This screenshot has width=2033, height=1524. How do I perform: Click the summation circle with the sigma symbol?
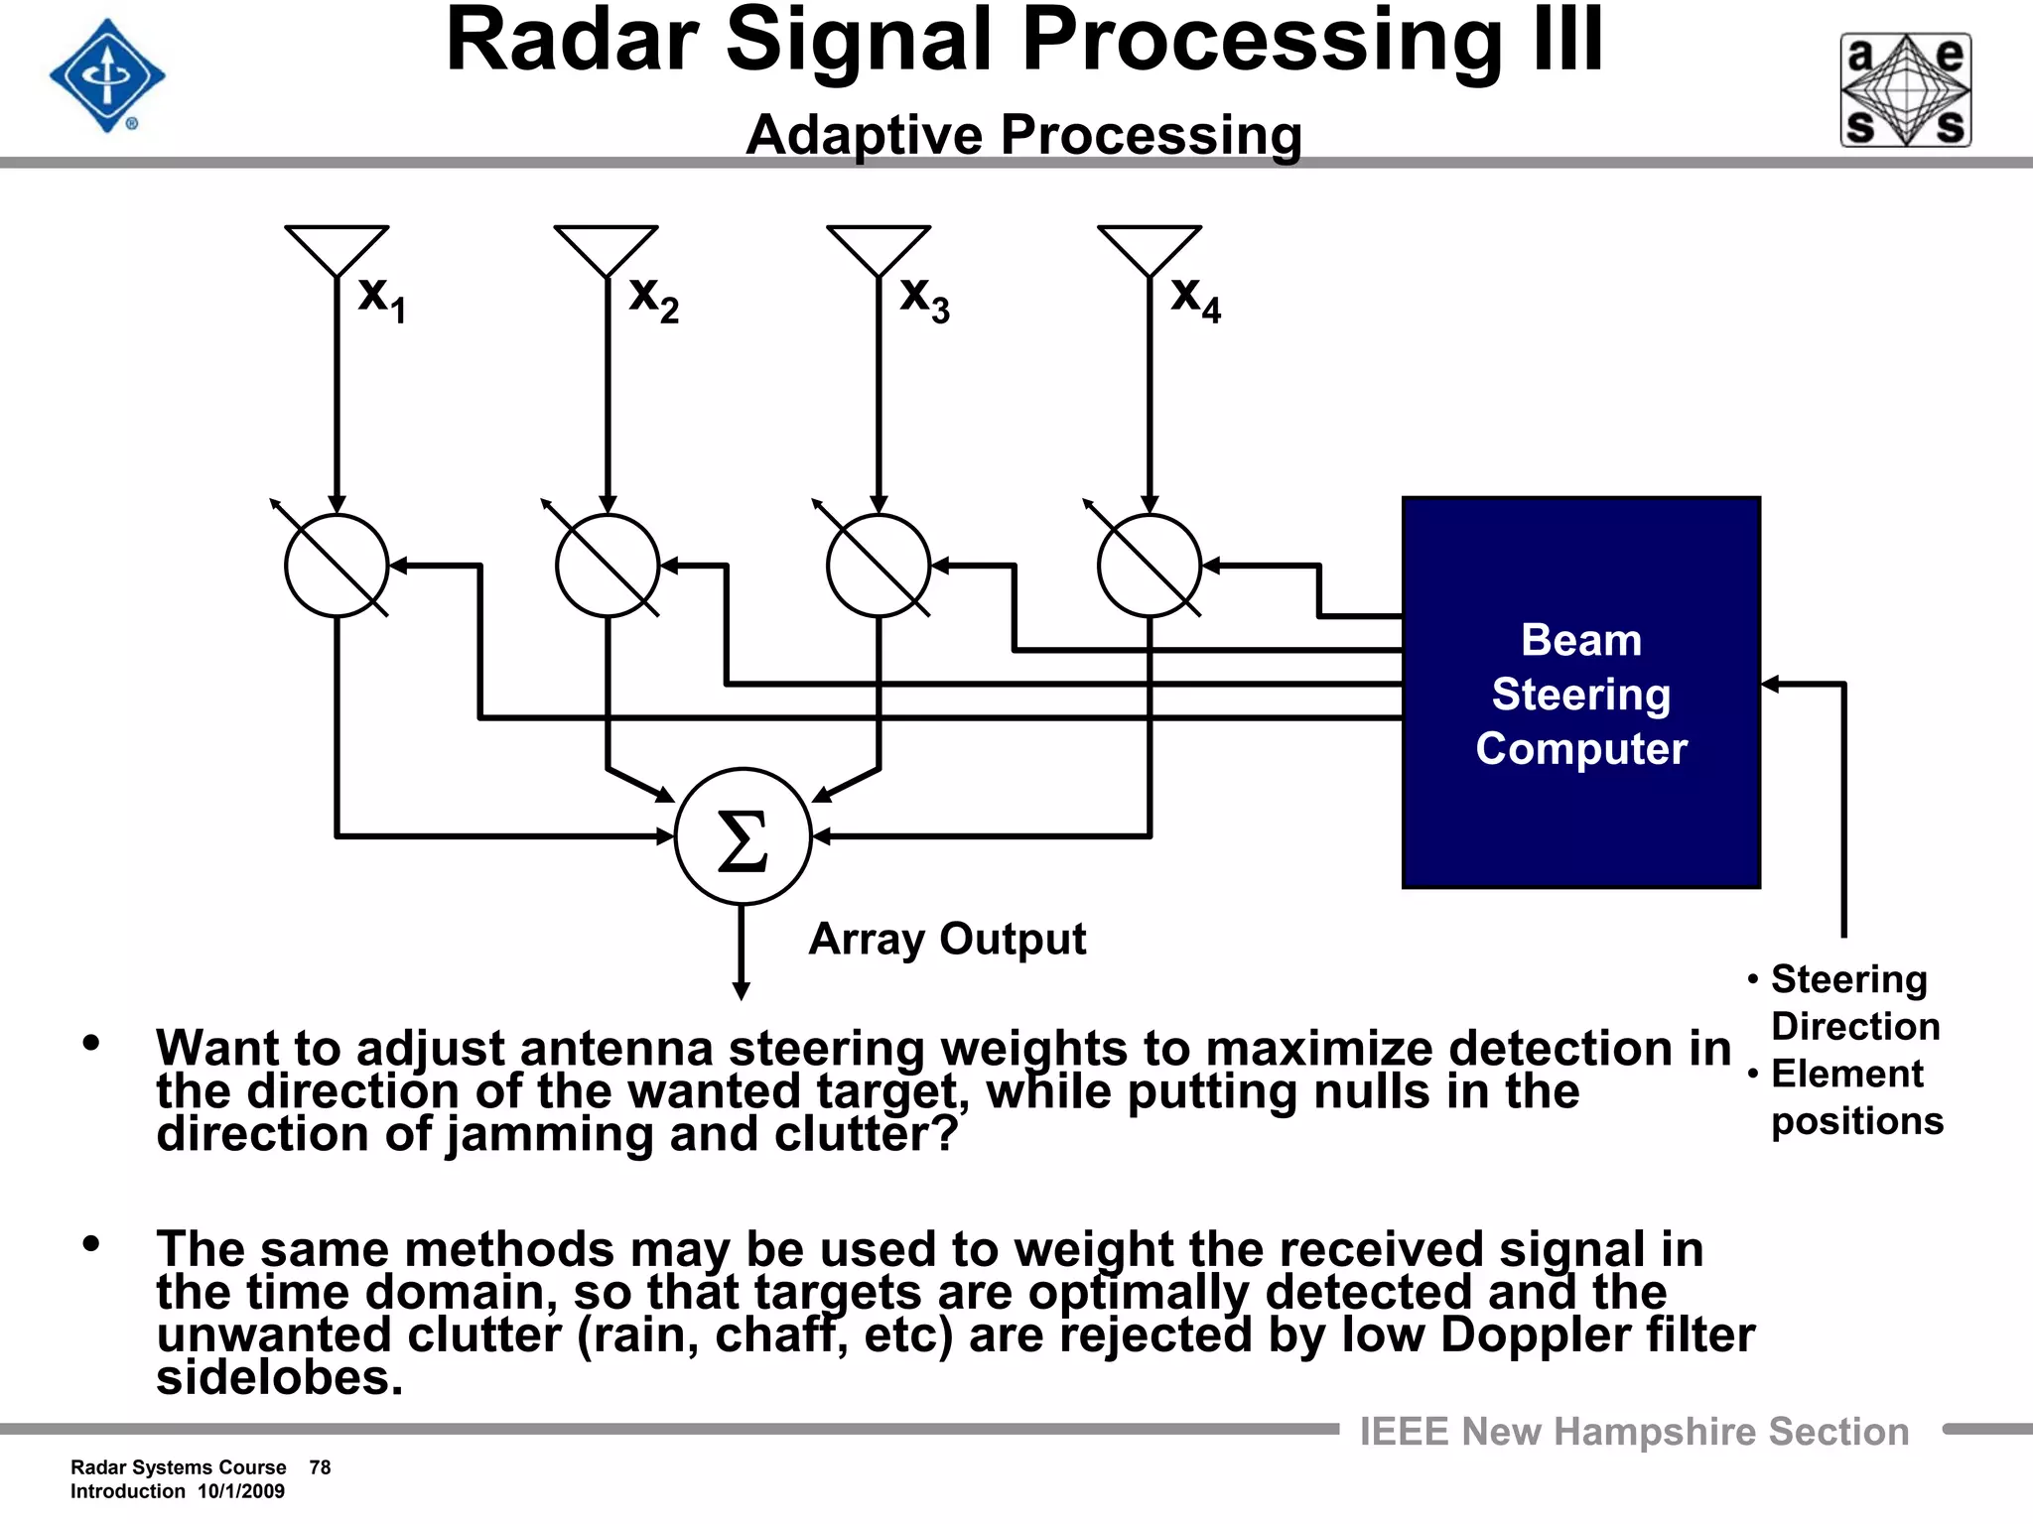[x=743, y=836]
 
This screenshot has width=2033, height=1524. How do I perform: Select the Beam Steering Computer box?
[x=1580, y=693]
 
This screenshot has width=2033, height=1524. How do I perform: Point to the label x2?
[x=654, y=297]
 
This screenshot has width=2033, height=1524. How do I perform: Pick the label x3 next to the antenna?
[x=925, y=297]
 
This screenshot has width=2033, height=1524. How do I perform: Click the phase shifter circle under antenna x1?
[x=337, y=566]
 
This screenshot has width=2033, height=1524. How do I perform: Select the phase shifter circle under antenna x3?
[x=879, y=566]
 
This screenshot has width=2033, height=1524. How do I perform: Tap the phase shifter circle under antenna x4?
[x=1150, y=566]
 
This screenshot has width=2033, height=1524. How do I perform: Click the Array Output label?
[x=947, y=939]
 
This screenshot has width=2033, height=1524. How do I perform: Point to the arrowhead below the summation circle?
[x=741, y=990]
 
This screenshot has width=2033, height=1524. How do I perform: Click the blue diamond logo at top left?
[x=107, y=75]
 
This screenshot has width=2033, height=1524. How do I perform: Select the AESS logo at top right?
[x=1905, y=90]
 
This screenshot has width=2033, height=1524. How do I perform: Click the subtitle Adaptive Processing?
[x=1023, y=135]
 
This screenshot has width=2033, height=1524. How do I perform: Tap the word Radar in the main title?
[x=573, y=42]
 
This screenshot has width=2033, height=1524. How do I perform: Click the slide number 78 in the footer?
[x=320, y=1467]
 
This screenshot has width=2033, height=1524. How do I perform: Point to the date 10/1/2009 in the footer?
[x=241, y=1491]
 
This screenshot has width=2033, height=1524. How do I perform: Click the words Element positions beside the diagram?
[x=1854, y=1097]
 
